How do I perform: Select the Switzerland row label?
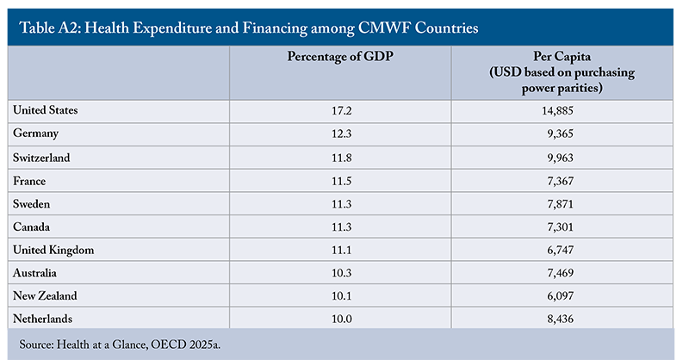(x=42, y=158)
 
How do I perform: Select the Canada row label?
(x=34, y=227)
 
